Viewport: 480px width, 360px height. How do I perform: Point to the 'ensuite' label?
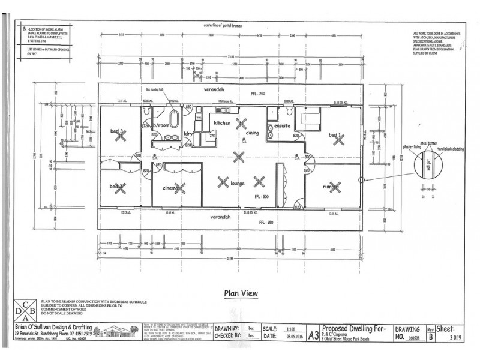283,126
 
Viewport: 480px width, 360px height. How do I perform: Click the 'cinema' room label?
172,189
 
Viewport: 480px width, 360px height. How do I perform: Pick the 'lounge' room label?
241,184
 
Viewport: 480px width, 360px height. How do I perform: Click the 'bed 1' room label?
335,136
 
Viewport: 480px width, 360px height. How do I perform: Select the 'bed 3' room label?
117,131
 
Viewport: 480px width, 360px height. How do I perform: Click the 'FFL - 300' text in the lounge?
262,196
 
